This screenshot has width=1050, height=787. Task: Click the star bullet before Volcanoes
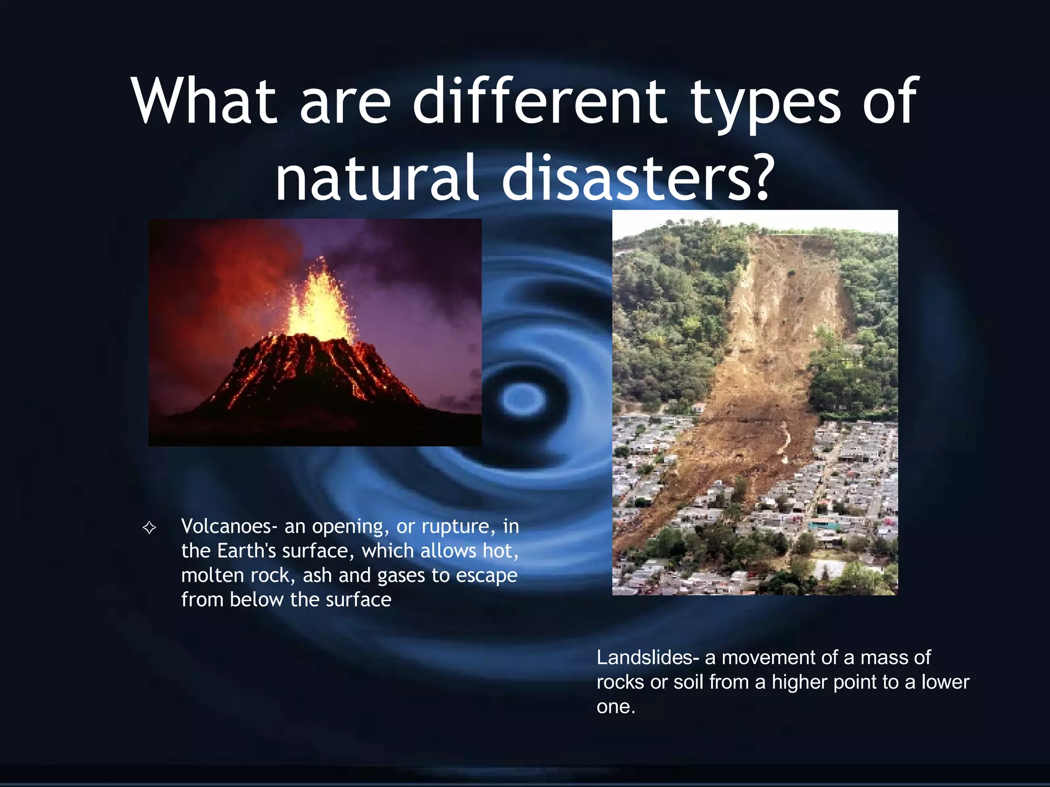[x=149, y=527]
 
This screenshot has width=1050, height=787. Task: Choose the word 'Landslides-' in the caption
[x=648, y=657]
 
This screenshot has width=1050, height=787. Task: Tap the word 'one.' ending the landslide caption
[x=616, y=707]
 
